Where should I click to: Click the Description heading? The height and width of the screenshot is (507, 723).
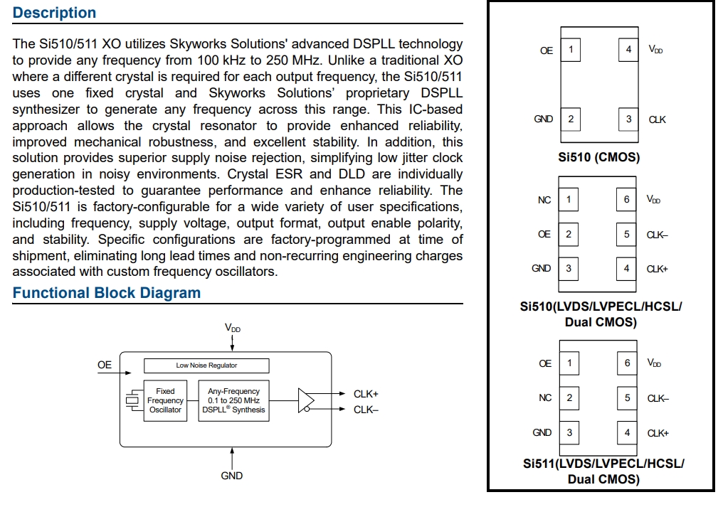tap(54, 13)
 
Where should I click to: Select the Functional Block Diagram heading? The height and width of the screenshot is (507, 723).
tap(107, 293)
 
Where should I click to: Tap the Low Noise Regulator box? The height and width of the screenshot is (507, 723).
tap(206, 365)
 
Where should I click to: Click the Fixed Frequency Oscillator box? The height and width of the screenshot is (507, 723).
tap(165, 400)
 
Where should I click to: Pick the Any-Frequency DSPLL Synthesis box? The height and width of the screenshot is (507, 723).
tap(233, 400)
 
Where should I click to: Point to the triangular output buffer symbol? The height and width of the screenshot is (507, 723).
tap(306, 400)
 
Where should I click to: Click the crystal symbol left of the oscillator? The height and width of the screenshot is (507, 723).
tap(132, 400)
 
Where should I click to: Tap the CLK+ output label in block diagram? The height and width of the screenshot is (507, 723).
tap(366, 393)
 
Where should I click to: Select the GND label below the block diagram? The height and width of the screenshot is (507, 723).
tap(232, 476)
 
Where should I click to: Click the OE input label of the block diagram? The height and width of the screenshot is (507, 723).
tap(105, 365)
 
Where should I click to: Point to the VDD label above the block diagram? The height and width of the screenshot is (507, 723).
tap(232, 328)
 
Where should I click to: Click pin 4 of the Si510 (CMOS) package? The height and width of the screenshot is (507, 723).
tap(628, 50)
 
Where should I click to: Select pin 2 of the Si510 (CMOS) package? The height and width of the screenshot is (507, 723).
tap(570, 119)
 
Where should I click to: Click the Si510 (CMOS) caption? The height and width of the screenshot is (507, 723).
tap(599, 157)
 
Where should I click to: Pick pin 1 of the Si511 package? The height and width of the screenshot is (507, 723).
tap(569, 363)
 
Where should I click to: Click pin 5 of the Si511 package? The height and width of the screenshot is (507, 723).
tap(627, 397)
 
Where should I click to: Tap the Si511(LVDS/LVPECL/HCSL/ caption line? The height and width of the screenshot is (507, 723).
tap(603, 464)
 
